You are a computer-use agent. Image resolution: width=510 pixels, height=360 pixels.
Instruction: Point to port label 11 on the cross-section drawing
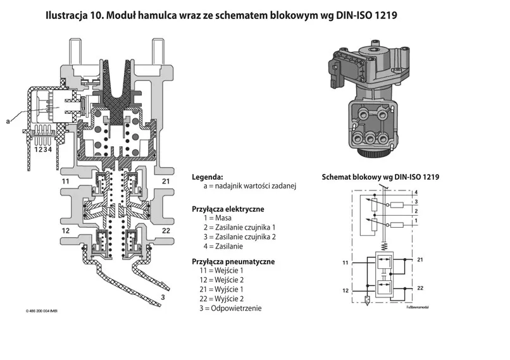click(66, 182)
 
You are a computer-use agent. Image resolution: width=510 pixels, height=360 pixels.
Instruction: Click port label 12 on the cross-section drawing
click(66, 230)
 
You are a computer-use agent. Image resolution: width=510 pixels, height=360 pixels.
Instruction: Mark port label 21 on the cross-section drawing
click(166, 182)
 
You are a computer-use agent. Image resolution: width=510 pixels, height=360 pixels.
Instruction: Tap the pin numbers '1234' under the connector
click(42, 149)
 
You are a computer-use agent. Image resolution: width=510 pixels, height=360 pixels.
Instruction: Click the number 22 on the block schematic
click(420, 288)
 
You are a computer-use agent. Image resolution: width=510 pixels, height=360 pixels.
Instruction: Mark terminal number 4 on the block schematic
click(416, 191)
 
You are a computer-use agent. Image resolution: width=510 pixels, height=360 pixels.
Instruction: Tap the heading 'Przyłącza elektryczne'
click(228, 208)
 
